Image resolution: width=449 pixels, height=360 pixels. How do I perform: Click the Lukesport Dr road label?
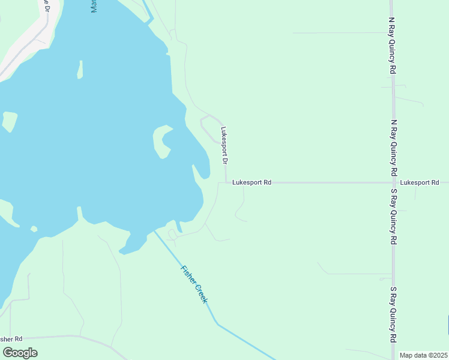(224, 145)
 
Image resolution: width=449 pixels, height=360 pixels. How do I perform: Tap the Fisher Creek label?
(194, 284)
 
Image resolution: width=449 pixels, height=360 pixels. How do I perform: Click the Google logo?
(20, 352)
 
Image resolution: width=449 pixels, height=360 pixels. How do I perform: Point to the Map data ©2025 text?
(423, 355)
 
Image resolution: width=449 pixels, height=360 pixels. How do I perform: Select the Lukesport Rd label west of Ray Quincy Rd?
(252, 182)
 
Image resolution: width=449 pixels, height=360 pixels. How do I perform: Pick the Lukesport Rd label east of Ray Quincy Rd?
(420, 182)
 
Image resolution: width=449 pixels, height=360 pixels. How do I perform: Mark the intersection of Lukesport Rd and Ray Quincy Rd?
(393, 182)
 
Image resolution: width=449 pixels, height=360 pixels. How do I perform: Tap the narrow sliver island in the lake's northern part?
(80, 70)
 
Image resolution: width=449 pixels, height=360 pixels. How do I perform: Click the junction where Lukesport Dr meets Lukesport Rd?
(226, 182)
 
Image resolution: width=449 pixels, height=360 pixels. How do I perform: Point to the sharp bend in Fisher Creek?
(217, 324)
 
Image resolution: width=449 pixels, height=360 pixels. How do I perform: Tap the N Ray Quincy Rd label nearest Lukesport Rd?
(393, 146)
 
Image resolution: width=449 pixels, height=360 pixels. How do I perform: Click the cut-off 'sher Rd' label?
(11, 339)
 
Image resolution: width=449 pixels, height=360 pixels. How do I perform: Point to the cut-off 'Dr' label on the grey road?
(45, 7)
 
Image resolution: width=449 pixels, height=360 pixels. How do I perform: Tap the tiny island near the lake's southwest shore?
(34, 229)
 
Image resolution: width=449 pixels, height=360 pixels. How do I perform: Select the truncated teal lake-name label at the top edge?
(94, 6)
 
